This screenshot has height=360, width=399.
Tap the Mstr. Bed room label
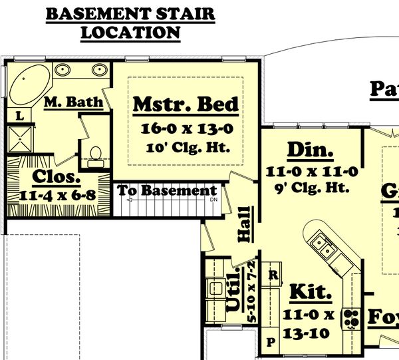coord(186,104)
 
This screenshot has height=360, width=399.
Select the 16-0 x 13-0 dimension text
coord(186,128)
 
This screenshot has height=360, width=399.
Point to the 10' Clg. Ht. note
coord(186,147)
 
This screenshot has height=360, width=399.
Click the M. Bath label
coord(73,102)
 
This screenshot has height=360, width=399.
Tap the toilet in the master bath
coord(95,154)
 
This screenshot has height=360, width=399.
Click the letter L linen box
coord(19,116)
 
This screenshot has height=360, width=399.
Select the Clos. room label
coord(57,178)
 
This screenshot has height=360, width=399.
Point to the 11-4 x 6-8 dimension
coord(57,196)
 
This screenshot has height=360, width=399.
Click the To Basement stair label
coord(167,191)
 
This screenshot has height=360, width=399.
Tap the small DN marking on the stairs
coord(213,200)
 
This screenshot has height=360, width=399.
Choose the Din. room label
coord(310,151)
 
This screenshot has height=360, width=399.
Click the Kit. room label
coord(311,292)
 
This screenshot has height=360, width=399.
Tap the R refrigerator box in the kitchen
coord(272,273)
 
